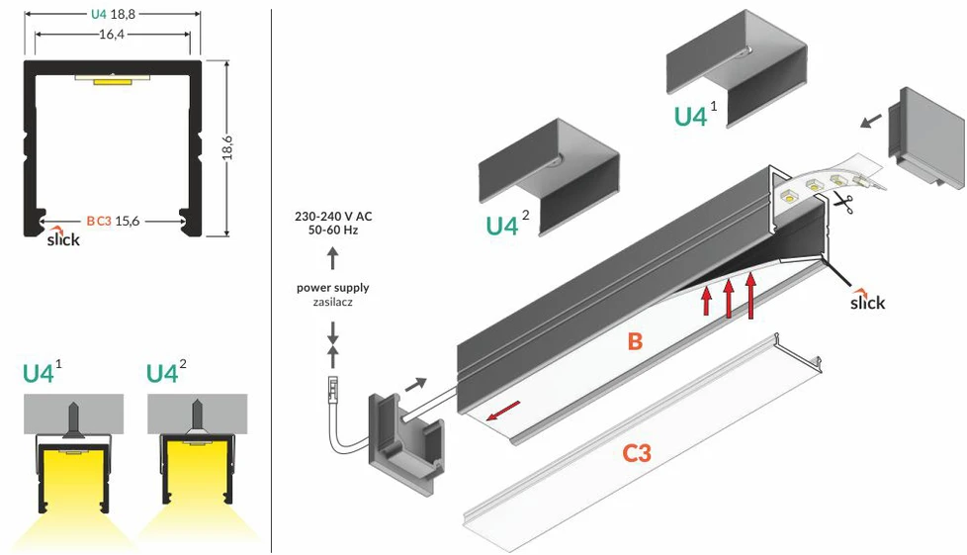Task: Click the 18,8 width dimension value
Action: point(122,14)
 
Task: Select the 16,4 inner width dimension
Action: point(112,34)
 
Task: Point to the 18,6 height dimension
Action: point(227,148)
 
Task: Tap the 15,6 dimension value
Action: point(127,221)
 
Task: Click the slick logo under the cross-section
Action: point(63,237)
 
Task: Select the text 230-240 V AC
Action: point(333,217)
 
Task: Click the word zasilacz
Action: point(333,303)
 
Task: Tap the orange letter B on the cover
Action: point(635,341)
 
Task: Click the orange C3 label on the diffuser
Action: point(637,454)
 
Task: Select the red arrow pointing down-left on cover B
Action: point(503,411)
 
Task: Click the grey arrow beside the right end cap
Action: point(871,121)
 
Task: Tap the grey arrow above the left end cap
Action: point(415,385)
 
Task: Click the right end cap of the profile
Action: point(925,137)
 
